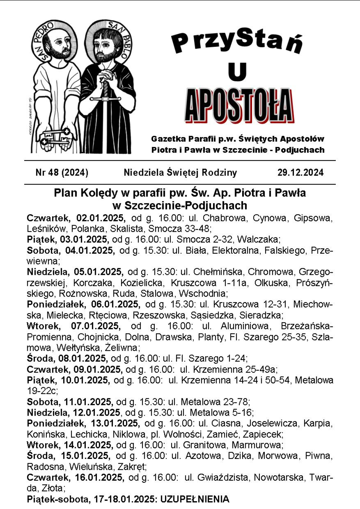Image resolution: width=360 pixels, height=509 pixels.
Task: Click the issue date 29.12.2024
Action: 300,173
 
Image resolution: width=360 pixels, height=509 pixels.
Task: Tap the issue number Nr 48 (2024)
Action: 62,173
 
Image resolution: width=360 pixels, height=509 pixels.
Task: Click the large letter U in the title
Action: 237,72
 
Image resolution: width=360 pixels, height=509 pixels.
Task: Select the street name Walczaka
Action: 258,239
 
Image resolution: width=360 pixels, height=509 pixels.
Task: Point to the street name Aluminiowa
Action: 245,326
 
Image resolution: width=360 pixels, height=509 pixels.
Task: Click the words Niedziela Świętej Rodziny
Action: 180,173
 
